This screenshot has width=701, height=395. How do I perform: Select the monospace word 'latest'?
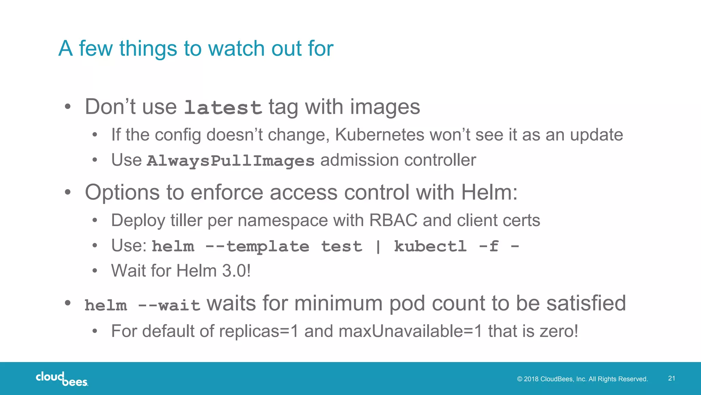223,108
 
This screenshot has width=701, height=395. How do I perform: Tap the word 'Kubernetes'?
380,135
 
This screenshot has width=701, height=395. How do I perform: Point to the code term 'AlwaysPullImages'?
230,161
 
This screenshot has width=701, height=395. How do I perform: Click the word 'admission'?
359,160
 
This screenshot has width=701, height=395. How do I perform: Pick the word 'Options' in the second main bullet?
122,192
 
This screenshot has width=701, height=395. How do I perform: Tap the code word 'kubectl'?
430,246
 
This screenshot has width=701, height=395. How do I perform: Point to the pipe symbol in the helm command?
378,246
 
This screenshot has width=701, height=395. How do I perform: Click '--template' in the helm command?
257,246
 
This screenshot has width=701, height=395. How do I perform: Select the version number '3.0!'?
237,271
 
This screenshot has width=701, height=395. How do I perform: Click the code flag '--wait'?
169,305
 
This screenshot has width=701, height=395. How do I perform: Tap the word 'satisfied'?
586,304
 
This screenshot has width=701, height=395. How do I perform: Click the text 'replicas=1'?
259,331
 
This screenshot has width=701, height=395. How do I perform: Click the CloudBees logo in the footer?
62,379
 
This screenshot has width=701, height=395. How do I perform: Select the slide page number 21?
672,378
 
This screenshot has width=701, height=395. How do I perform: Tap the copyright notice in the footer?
582,379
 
